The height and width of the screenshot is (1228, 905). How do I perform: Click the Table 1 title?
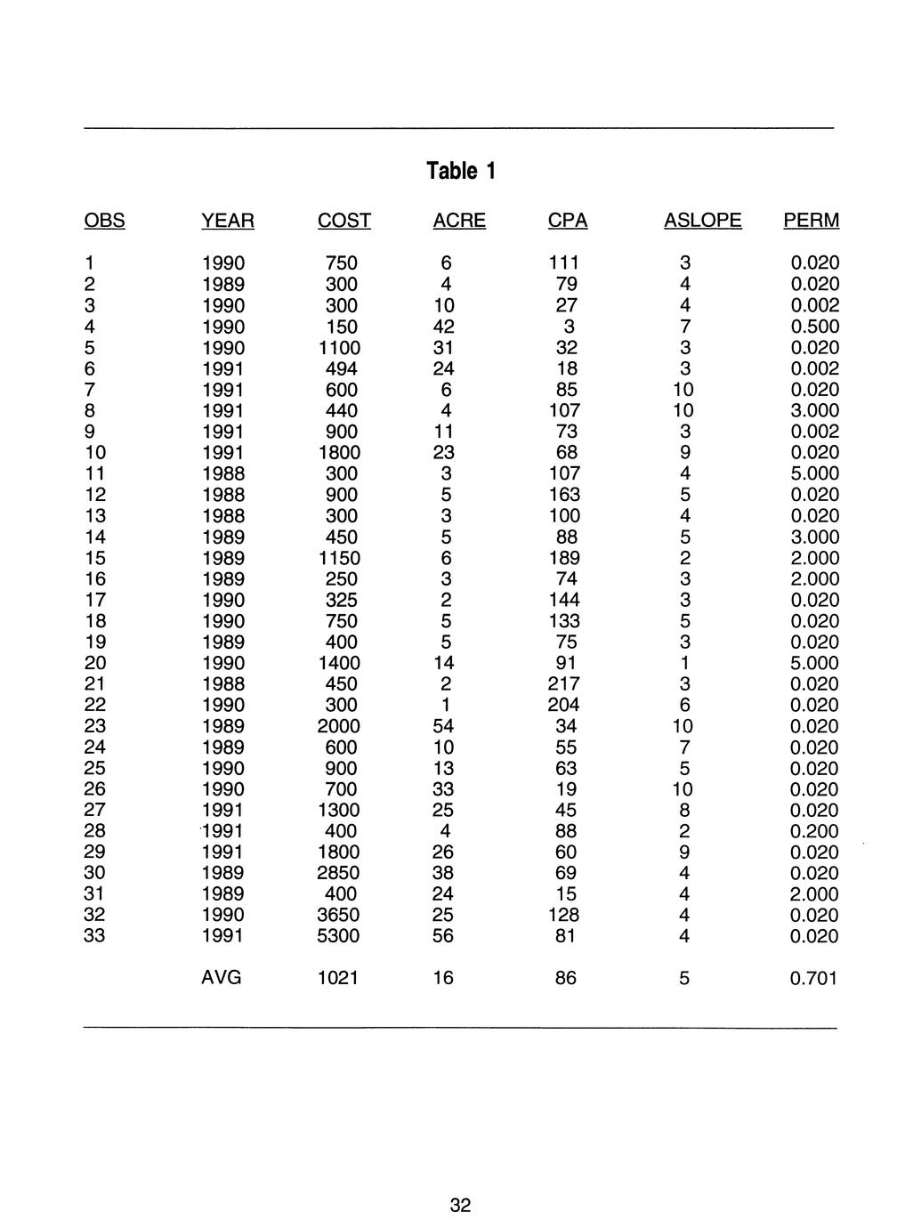tap(460, 170)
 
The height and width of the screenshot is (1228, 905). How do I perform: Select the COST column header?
tap(343, 221)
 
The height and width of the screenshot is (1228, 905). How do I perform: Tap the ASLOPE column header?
tap(702, 221)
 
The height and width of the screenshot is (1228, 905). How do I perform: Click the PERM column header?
tap(811, 221)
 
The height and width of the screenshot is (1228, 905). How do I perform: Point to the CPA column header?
tap(567, 221)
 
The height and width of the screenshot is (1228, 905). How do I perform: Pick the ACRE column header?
tap(458, 221)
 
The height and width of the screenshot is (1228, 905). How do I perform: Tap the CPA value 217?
tap(563, 684)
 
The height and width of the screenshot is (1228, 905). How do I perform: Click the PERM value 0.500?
tap(815, 327)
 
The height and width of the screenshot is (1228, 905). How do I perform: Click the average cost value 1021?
tap(338, 979)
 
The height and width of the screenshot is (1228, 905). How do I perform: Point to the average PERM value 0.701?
tap(815, 979)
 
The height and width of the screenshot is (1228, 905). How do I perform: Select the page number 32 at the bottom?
tap(460, 1206)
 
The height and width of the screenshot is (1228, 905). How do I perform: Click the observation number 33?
tap(95, 936)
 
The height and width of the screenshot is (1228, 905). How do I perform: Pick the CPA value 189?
tap(563, 558)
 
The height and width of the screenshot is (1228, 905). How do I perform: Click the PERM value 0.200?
tap(815, 831)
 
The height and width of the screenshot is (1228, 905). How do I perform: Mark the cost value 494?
tap(342, 368)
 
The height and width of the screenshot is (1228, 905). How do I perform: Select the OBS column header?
tap(104, 221)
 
